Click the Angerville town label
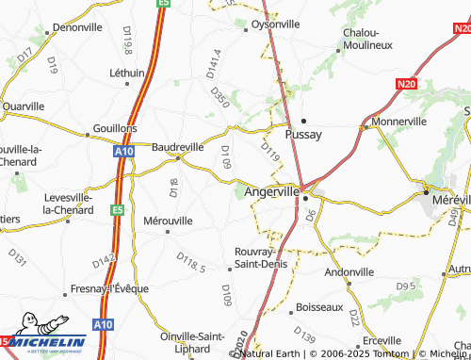(x=271, y=191)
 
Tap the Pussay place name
(x=304, y=135)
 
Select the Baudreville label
(x=177, y=148)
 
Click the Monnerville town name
(x=399, y=123)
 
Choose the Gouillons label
(x=115, y=127)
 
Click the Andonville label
(x=349, y=271)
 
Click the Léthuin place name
(x=127, y=73)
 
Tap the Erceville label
(x=382, y=340)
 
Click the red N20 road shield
(x=406, y=84)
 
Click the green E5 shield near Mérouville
(x=117, y=210)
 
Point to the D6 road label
(x=310, y=216)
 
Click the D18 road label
(x=174, y=187)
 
